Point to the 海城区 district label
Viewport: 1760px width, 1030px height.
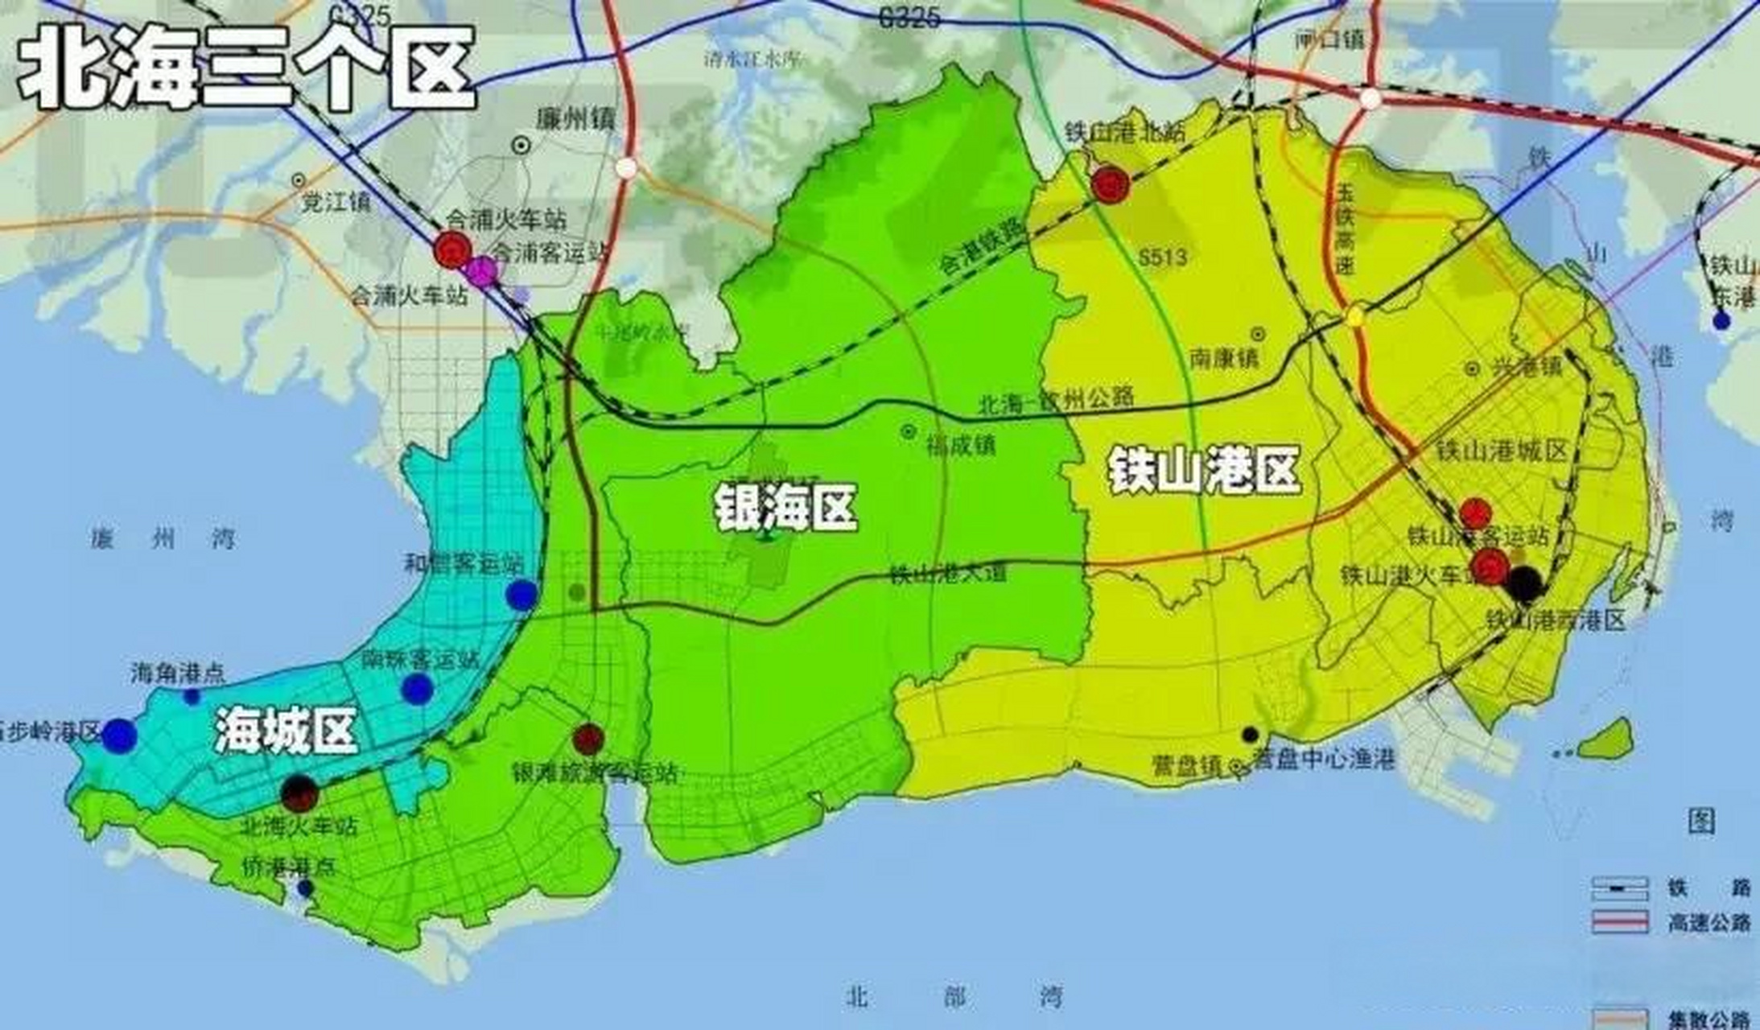(x=286, y=732)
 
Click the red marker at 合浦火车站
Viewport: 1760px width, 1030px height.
(x=452, y=249)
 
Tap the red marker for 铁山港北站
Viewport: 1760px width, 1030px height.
(x=1111, y=185)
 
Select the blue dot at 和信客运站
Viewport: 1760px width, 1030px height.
(x=521, y=595)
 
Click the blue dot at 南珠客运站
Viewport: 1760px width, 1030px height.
(x=417, y=689)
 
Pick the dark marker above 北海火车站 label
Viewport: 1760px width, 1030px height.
(x=299, y=793)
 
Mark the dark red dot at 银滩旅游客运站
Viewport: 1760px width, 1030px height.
(x=588, y=738)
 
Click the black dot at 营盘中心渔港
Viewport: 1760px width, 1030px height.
(x=1250, y=734)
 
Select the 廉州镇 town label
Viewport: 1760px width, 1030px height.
(x=575, y=120)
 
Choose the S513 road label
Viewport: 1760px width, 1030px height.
(x=1162, y=257)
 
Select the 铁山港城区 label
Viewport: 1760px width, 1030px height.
(x=1502, y=451)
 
